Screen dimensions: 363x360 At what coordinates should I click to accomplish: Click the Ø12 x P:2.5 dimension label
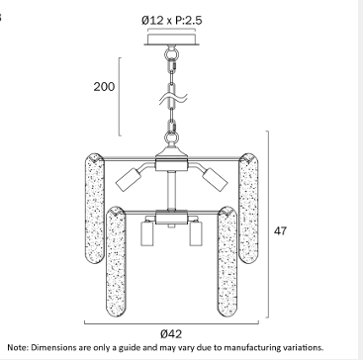coord(171,21)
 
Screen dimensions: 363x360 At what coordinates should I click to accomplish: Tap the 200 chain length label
coord(104,87)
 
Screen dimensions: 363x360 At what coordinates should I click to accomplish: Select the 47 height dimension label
coord(280,230)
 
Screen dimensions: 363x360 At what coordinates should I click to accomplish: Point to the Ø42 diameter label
coord(171,334)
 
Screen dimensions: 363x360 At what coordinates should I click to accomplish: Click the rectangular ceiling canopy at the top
coord(171,40)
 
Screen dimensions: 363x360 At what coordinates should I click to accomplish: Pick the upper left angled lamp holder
coord(129,180)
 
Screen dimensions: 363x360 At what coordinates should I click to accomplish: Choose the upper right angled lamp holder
coord(215,180)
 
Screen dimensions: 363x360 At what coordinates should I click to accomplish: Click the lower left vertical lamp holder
coord(147,233)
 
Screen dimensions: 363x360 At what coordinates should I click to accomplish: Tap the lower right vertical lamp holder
coord(196,233)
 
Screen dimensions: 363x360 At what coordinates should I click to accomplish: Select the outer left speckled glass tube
coord(95,209)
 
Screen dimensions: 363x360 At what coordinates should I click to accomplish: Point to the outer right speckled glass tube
coord(248,209)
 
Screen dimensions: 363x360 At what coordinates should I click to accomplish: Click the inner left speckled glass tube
coord(116,262)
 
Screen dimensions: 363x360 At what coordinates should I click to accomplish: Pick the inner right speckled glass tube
coord(227,262)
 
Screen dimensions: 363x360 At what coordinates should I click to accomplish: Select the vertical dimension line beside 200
coord(120,97)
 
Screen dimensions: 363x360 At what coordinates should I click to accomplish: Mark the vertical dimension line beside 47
coord(268,225)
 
